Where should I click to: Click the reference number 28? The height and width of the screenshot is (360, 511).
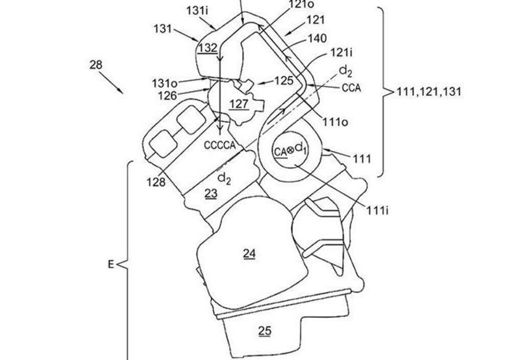(96, 65)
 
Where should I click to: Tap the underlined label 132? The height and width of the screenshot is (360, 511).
(208, 48)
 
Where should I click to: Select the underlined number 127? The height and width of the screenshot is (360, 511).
(239, 104)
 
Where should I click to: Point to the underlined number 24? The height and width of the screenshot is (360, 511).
(249, 253)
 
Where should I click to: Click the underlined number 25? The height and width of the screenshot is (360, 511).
(265, 331)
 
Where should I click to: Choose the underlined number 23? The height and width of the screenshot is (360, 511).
(211, 194)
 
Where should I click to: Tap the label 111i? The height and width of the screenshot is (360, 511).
(378, 211)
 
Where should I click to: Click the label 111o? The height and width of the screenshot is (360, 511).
(335, 122)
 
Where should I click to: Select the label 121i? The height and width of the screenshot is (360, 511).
(341, 52)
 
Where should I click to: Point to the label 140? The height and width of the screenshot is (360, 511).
(317, 38)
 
